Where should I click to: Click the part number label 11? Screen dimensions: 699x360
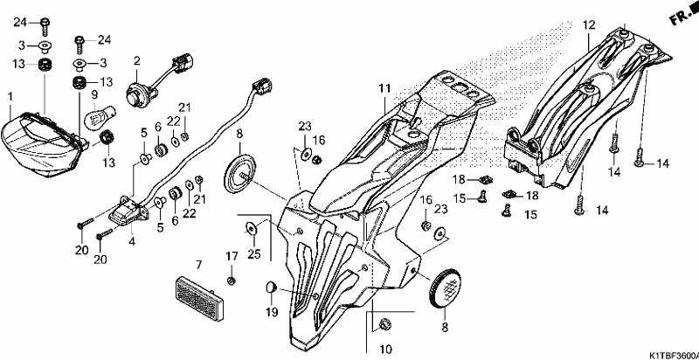point(384,89)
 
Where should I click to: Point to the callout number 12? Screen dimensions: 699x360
point(589,25)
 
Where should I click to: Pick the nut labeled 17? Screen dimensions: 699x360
point(232,280)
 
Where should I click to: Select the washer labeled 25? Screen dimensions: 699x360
point(252,229)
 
